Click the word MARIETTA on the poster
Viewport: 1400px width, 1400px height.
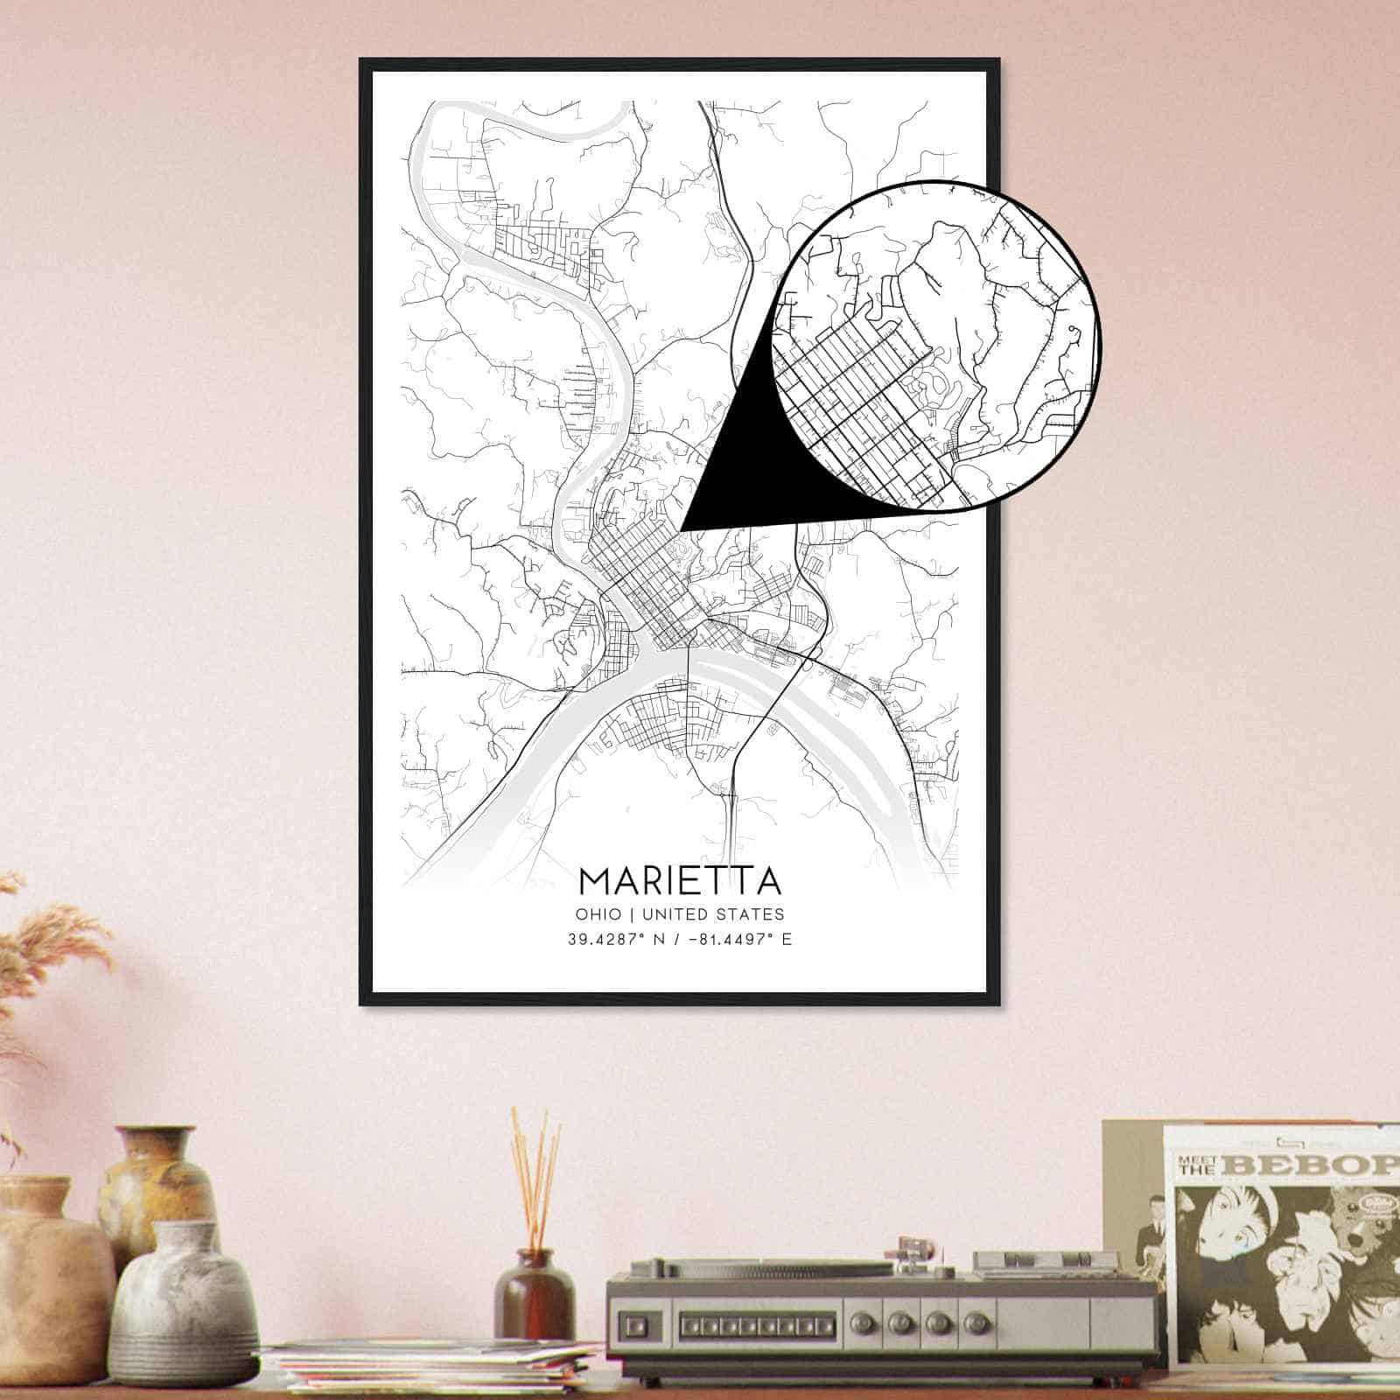679,880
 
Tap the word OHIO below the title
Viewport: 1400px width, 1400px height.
597,914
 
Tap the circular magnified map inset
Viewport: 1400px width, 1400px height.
936,346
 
